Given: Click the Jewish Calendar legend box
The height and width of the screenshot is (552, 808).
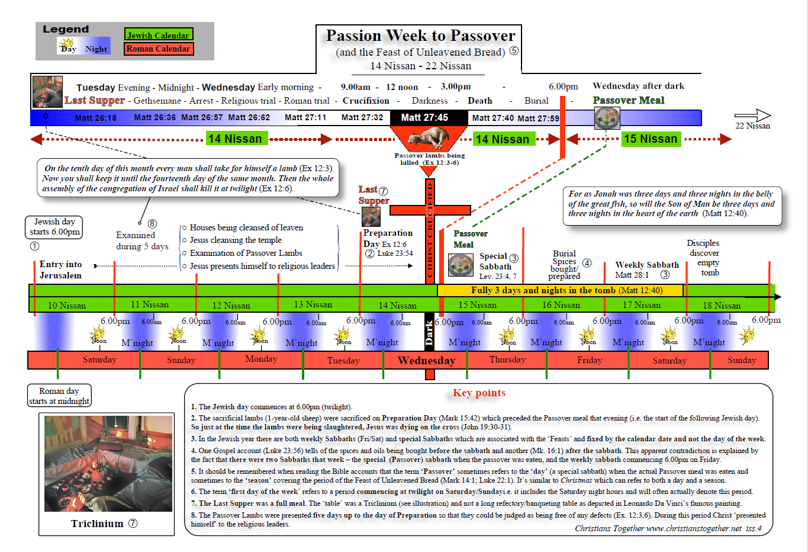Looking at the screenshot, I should (159, 35).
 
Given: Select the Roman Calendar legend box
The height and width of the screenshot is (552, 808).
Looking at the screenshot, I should (159, 49).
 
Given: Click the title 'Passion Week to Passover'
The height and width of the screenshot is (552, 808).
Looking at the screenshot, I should (420, 36).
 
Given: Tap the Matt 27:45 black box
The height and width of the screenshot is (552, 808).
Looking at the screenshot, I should (424, 117).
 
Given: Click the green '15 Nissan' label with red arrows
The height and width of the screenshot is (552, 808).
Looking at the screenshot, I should (650, 139).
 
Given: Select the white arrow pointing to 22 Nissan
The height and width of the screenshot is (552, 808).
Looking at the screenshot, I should (752, 115).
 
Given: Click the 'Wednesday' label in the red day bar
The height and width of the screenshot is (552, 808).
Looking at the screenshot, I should (426, 360).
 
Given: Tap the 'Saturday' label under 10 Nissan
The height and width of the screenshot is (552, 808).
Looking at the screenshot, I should (99, 360).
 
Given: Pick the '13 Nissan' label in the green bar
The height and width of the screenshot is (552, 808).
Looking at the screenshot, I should (313, 304).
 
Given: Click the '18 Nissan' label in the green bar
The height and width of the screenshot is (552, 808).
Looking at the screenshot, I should (722, 306).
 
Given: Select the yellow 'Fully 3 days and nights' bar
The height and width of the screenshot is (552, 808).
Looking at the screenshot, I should (560, 290).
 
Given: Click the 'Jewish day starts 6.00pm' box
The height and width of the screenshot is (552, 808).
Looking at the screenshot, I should (54, 227).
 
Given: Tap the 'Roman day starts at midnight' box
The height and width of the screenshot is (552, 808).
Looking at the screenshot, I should (59, 396).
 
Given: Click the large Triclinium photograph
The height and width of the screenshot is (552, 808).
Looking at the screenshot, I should (108, 464).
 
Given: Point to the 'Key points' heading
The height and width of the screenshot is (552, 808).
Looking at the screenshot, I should (479, 393).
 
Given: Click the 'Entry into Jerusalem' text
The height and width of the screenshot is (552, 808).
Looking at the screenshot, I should (60, 269).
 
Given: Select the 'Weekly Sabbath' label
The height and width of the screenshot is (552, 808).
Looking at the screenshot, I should (646, 265).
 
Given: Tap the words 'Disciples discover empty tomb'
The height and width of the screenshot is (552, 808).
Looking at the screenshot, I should (704, 258).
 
